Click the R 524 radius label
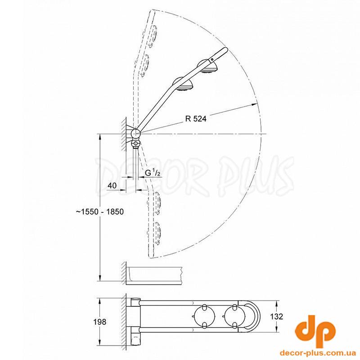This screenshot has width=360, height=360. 196,119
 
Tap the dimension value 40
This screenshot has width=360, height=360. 112,185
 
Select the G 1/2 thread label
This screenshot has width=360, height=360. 153,173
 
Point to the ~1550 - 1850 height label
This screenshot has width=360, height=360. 100,211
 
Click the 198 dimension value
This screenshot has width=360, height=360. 99,322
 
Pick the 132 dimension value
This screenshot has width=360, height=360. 276,317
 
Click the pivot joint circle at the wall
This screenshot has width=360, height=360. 135,133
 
